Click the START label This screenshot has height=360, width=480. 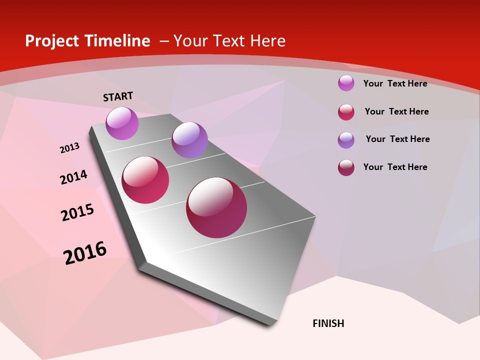pos(118,96)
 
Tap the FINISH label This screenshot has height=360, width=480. pos(328,323)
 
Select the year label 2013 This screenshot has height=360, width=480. pos(69,148)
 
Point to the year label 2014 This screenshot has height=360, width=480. pos(73,177)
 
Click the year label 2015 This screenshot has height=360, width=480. pos(77,212)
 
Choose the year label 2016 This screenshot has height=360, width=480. pos(85,252)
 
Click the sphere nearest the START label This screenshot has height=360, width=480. pos(122,123)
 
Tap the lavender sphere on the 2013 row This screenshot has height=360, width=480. pos(189,140)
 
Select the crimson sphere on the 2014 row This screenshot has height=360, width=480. pos(145,180)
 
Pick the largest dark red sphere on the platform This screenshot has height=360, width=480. pos(216,207)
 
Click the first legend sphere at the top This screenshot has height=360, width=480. pos(346,83)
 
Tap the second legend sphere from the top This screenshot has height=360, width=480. pos(346,112)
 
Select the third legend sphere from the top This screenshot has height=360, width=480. pos(346,140)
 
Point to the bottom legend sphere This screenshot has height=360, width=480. pos(346,167)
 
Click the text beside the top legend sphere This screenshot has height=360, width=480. pos(395,83)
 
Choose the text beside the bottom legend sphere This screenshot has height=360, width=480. pos(395,167)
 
